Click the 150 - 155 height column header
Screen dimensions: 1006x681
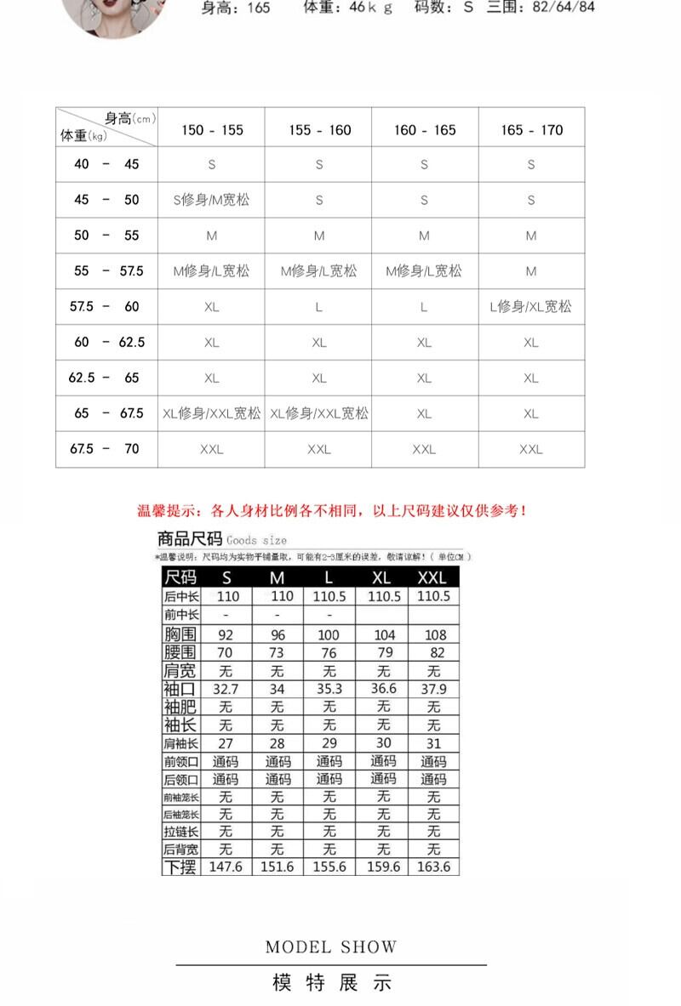(212, 130)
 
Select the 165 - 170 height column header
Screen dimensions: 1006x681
(531, 130)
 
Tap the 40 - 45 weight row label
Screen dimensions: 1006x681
(106, 164)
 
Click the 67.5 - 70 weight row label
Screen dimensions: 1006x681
(106, 448)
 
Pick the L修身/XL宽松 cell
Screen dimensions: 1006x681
(531, 306)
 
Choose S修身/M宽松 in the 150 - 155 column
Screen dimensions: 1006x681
(212, 201)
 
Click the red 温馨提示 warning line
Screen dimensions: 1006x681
(332, 511)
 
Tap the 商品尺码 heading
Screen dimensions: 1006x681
(190, 539)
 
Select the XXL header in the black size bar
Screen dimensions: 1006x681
(432, 578)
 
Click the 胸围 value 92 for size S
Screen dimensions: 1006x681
(226, 634)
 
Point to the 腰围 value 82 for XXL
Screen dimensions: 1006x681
(437, 652)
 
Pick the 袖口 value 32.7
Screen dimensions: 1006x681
(226, 689)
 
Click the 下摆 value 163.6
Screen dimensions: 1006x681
(434, 867)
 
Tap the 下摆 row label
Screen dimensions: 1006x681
(180, 867)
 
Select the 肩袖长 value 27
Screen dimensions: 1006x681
(226, 743)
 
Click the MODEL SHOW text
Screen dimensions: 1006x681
(331, 947)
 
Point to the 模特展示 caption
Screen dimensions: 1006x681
(331, 984)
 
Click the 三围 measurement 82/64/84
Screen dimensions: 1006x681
(564, 8)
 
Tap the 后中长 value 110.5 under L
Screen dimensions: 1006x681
(329, 597)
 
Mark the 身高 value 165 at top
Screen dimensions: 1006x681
(255, 8)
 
